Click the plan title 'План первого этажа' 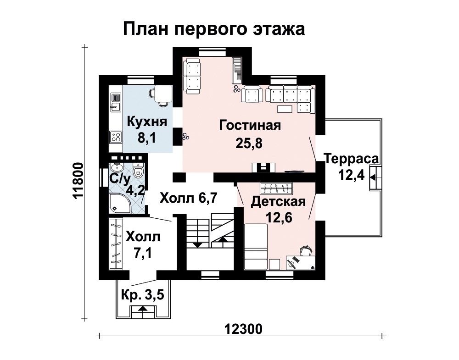[x=214, y=29]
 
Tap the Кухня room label [x=147, y=122]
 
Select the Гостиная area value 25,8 [x=248, y=143]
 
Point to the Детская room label [x=278, y=201]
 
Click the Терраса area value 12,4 [x=351, y=176]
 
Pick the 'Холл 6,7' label [x=188, y=198]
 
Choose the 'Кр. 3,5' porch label [x=143, y=295]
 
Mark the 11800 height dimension [x=78, y=181]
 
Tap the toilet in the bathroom [x=138, y=171]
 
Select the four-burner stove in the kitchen [x=116, y=137]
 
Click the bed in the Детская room [x=256, y=247]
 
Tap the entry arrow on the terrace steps [x=374, y=177]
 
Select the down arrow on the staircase [x=198, y=244]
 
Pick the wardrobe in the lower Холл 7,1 [x=116, y=244]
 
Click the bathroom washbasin [x=118, y=167]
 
